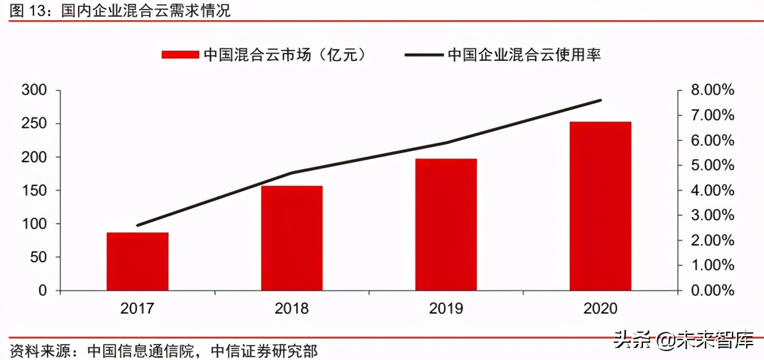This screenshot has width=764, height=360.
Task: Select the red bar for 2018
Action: coord(291,238)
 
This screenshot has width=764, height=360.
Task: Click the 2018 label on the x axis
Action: coord(291,308)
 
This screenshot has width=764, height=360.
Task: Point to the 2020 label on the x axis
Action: coord(600,308)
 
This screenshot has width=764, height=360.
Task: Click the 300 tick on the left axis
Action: coord(34,91)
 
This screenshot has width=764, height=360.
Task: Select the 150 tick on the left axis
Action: coord(34,191)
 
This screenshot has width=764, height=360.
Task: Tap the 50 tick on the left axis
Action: coord(39,257)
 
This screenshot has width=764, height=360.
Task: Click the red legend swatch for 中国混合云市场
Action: coord(179,55)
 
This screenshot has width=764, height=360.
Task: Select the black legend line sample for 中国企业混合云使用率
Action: coord(424,55)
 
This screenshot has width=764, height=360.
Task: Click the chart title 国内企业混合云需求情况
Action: coord(146,10)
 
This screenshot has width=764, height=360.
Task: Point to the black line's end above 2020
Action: coord(601,100)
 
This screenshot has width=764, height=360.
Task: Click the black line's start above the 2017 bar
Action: coord(138,225)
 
